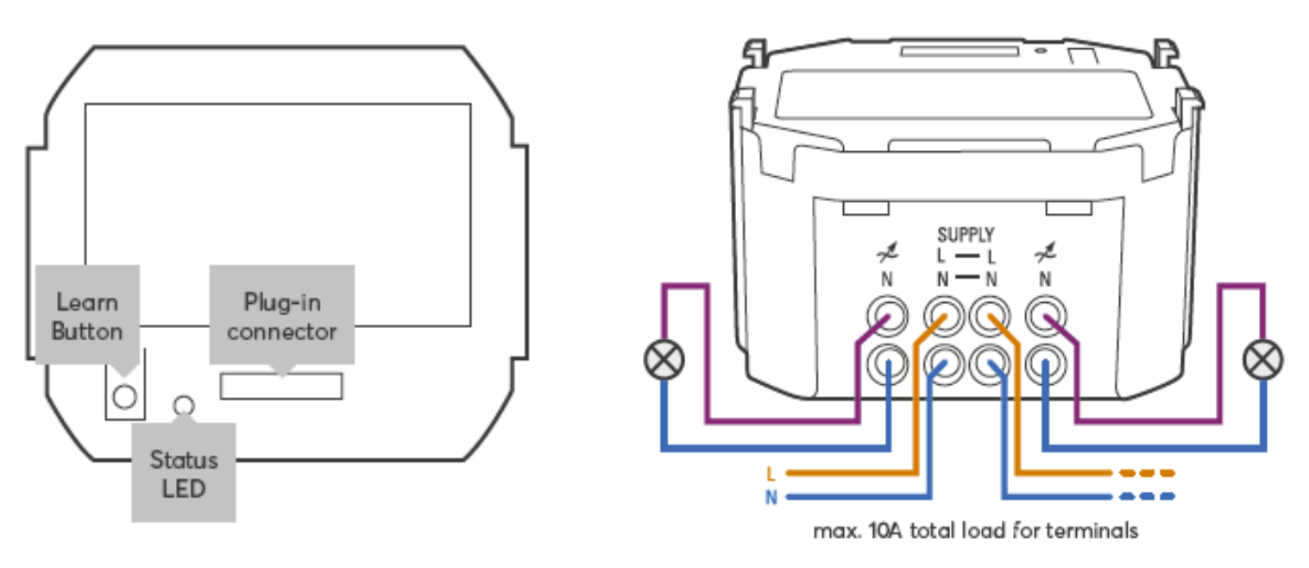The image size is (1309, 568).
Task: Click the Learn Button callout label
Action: [x=86, y=317]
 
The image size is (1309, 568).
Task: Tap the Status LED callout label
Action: [x=183, y=473]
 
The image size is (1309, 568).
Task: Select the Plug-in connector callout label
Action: [x=281, y=317]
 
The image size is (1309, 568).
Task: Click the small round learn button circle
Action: [x=125, y=396]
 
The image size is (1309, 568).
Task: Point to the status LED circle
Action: [x=183, y=405]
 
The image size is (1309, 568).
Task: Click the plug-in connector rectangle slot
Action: [x=281, y=386]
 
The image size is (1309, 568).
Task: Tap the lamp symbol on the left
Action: [x=664, y=360]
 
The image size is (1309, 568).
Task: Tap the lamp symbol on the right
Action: [x=1262, y=360]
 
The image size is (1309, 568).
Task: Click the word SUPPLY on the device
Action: [x=966, y=235]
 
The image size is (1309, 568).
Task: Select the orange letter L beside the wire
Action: [x=771, y=474]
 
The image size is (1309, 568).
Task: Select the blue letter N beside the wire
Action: [x=771, y=497]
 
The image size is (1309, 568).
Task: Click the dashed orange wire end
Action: [x=1148, y=474]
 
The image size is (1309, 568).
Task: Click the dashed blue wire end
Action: [x=1148, y=497]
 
